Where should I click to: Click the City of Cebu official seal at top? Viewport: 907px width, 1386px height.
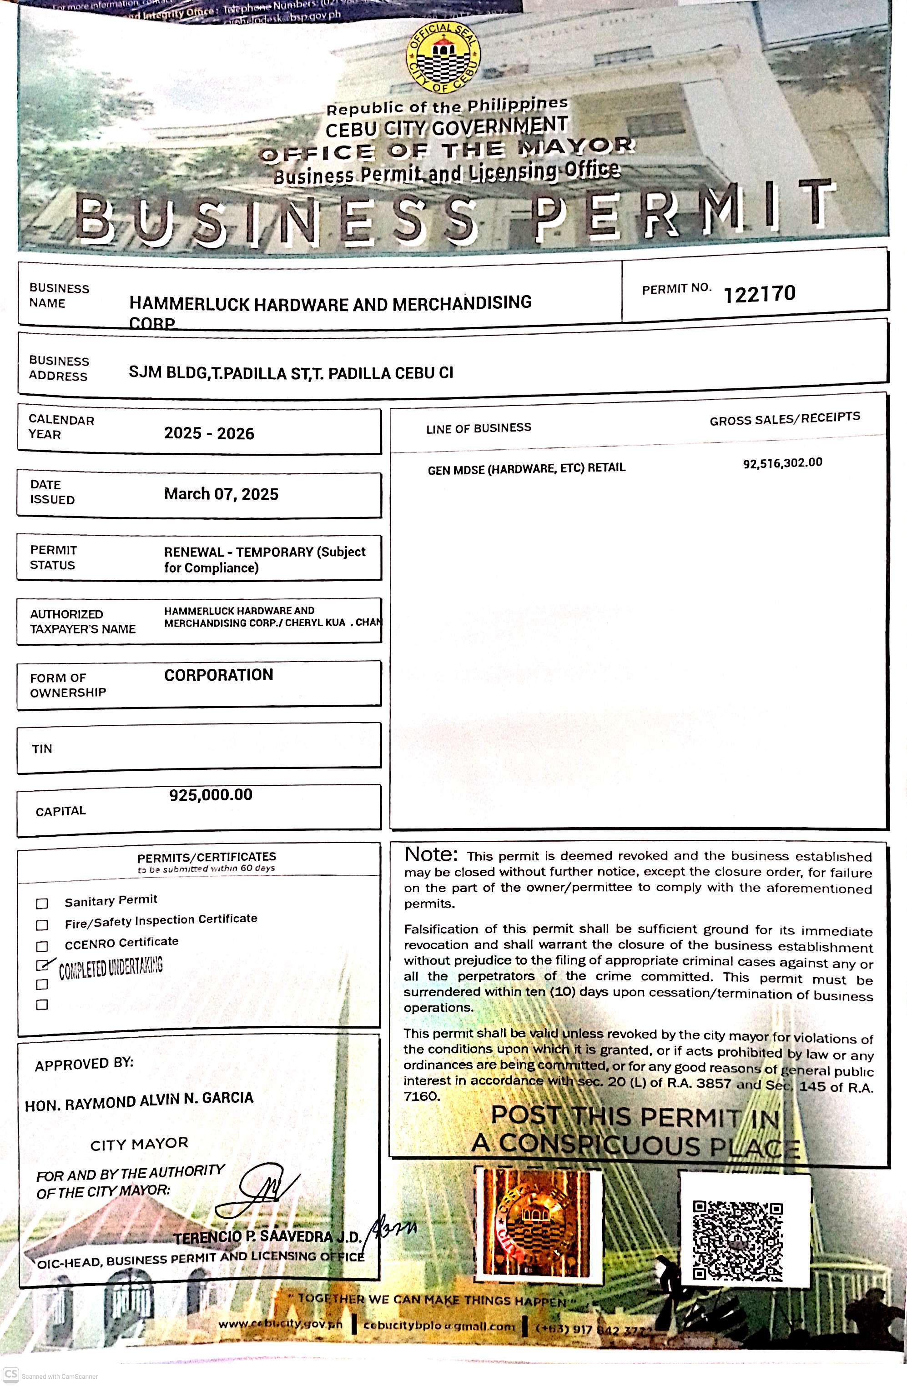444,58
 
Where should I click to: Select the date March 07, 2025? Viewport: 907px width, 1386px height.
222,494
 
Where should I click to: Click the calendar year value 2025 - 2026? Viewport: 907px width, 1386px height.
209,433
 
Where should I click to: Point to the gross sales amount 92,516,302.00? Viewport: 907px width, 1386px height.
782,463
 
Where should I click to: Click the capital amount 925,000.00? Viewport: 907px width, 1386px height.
211,795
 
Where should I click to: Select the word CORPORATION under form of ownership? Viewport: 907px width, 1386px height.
218,675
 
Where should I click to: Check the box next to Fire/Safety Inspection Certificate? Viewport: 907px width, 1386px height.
42,925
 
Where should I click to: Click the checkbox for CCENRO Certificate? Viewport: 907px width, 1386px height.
42,946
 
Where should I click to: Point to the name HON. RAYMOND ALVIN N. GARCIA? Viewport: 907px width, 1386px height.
139,1100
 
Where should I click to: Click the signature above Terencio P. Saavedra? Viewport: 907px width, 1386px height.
262,1191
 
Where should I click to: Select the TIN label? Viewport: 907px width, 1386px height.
42,749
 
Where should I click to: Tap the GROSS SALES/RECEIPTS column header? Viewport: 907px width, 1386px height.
784,419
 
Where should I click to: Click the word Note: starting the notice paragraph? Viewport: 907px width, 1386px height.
431,854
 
